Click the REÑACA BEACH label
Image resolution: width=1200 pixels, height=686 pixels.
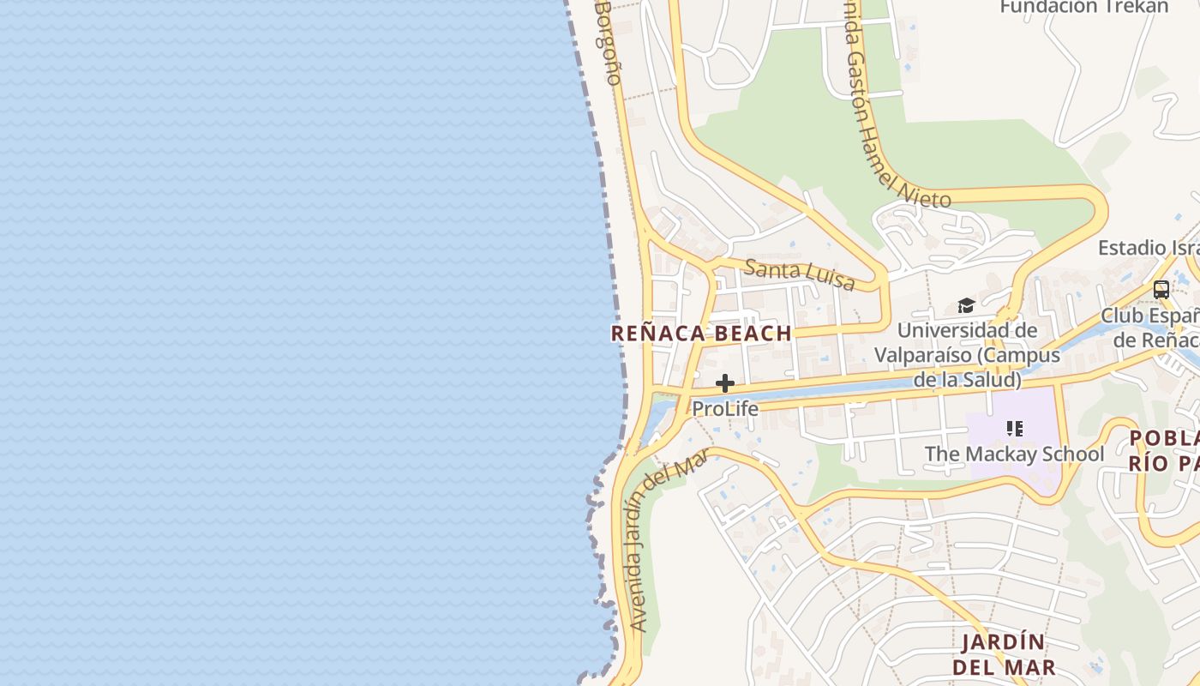pos(700,334)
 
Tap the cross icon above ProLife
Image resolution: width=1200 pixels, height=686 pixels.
pos(725,383)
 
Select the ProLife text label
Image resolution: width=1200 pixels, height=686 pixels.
pos(725,409)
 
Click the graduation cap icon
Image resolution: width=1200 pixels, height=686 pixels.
pos(966,306)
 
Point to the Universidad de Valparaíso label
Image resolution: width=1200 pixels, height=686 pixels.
pos(967,354)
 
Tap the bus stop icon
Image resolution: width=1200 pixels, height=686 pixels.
pos(1161,290)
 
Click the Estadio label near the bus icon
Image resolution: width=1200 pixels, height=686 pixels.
pos(1149,248)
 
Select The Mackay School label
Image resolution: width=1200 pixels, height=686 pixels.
pos(1014,454)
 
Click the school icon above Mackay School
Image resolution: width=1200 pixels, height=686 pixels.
pos(1015,428)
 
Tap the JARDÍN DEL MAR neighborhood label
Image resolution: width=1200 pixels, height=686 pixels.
pos(1003,654)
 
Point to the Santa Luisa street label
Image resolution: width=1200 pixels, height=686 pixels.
pos(799,274)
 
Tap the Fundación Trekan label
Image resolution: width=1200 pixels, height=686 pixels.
pos(1083,7)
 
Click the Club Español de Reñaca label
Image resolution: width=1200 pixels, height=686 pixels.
pos(1150,328)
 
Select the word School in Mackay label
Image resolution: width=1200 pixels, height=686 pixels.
pos(1071,454)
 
